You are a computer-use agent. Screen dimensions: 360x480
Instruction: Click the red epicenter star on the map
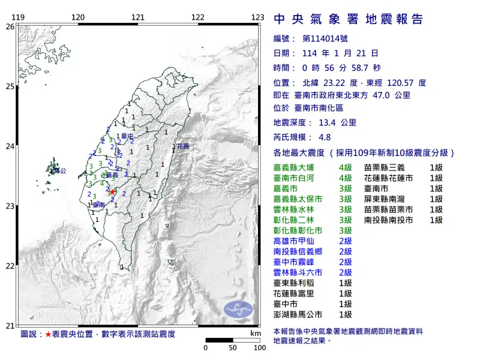coord(112,192)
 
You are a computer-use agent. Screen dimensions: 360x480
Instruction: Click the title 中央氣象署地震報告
coord(348,20)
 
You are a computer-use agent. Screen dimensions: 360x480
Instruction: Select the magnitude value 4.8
coord(325,137)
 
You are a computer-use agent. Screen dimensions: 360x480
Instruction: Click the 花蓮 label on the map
coord(182,146)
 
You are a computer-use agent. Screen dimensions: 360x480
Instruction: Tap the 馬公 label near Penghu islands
coord(59,171)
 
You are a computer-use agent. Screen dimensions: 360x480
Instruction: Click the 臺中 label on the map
coord(127,137)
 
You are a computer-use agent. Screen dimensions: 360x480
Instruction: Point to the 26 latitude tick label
coord(10,27)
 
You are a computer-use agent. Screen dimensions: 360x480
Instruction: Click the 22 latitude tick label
coord(10,266)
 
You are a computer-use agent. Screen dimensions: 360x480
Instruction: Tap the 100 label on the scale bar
coord(259,347)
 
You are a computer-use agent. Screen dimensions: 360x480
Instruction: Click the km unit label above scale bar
coord(256,333)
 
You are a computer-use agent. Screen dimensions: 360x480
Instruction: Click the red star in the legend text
coord(49,333)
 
